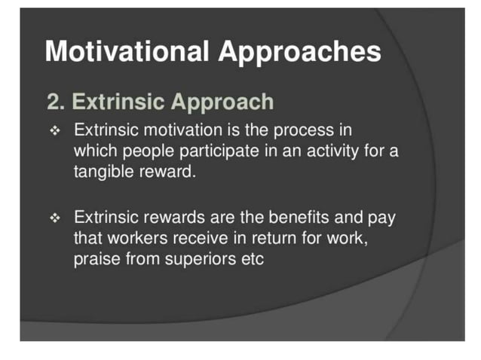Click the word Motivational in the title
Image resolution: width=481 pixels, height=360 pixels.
pyautogui.click(x=127, y=52)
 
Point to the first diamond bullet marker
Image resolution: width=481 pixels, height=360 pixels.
pyautogui.click(x=54, y=130)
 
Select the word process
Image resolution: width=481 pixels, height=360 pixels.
pyautogui.click(x=305, y=130)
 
